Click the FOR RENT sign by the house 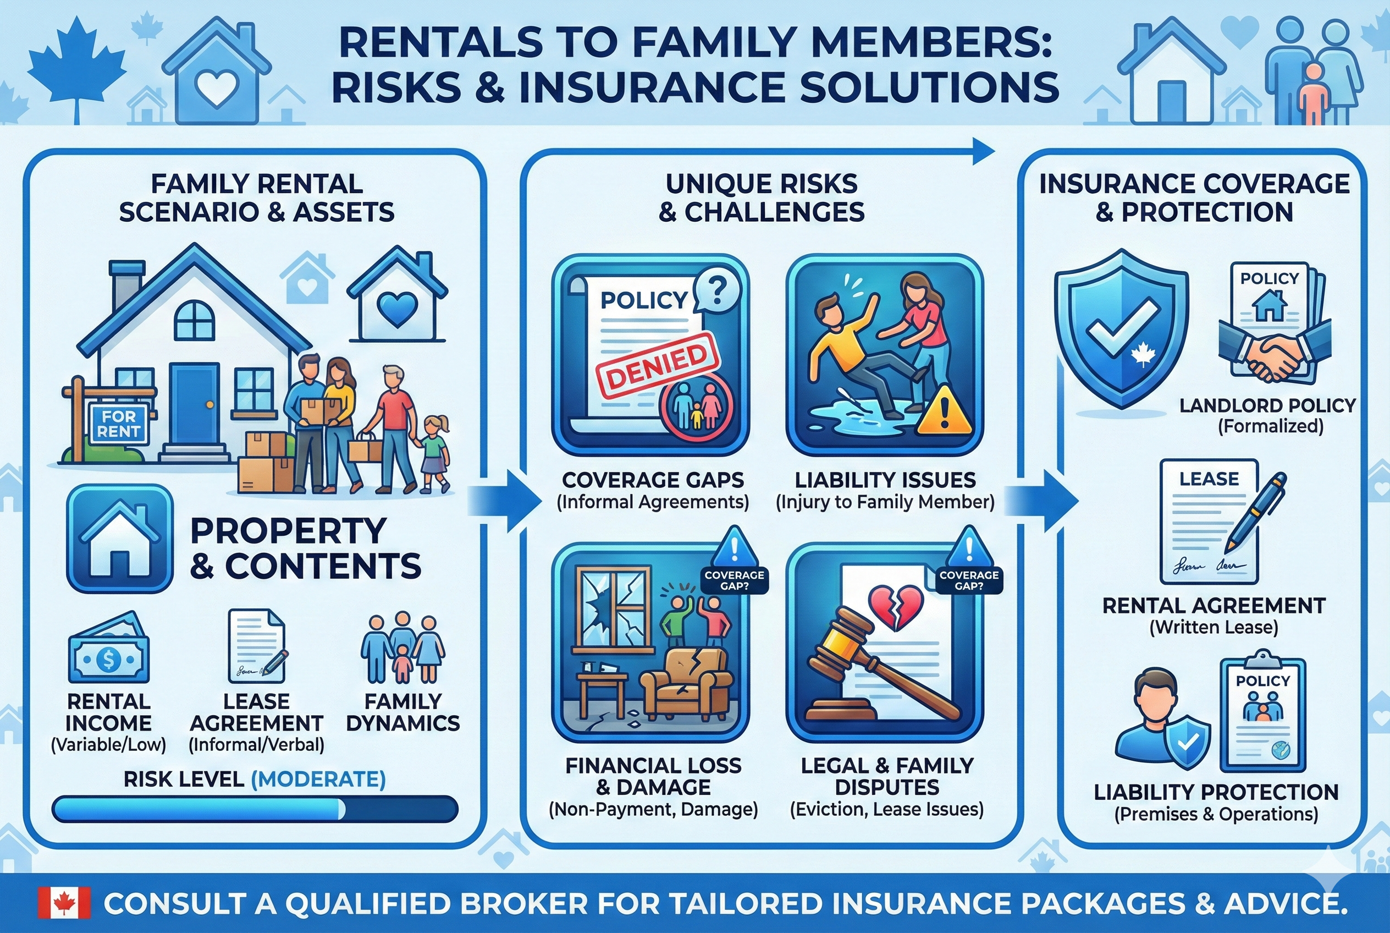click(x=118, y=423)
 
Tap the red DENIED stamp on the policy click(x=658, y=365)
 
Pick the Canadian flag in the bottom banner click(x=64, y=903)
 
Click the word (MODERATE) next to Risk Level click(x=318, y=779)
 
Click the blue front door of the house click(x=195, y=403)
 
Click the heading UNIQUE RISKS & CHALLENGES click(x=761, y=198)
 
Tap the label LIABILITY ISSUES click(x=885, y=480)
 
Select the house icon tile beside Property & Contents click(x=119, y=538)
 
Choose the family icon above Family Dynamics click(x=402, y=649)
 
